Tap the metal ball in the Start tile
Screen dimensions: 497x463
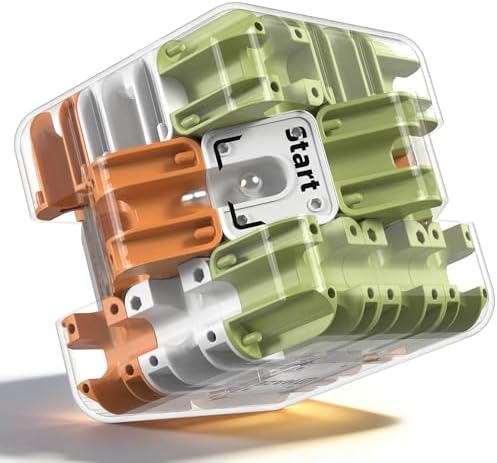[x=249, y=182]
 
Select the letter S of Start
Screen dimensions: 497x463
[x=295, y=135]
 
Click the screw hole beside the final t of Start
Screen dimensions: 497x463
[x=314, y=203]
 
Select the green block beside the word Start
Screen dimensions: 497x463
[x=377, y=157]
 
